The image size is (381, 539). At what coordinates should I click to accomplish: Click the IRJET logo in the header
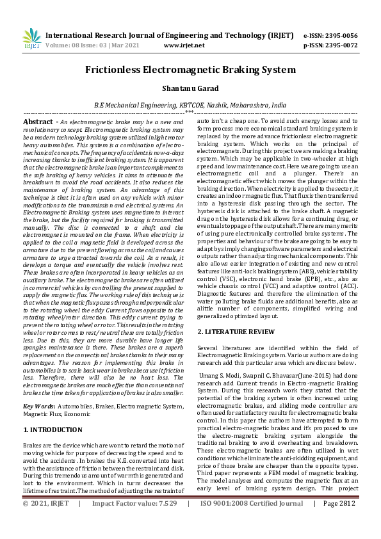coord(31,40)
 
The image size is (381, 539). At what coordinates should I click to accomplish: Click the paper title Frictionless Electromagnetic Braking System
coord(190,70)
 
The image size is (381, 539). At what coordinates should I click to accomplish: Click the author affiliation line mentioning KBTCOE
coord(190,104)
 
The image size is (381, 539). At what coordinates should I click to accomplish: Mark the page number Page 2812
coord(340,522)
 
